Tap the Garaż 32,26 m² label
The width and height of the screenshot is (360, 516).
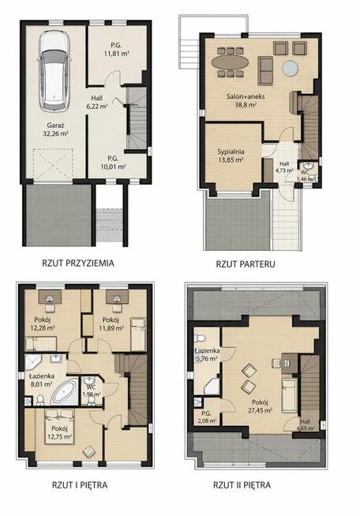[x=55, y=129]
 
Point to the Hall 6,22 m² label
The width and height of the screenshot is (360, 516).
[x=97, y=102]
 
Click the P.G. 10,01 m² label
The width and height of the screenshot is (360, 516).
[x=114, y=163]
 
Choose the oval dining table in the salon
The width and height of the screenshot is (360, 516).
[x=231, y=62]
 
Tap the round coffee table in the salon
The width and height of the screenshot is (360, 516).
[x=291, y=69]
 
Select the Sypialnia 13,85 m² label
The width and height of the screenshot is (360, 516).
[x=231, y=155]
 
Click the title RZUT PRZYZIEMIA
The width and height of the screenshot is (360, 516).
[x=78, y=264]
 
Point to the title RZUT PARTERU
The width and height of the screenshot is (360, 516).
[x=246, y=264]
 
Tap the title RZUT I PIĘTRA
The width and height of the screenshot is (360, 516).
[x=80, y=485]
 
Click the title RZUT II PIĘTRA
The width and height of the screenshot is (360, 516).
[x=242, y=485]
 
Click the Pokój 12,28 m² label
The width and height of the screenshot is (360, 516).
[x=43, y=323]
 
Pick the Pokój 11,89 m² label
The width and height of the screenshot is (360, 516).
[x=111, y=323]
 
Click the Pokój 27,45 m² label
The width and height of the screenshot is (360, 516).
[x=260, y=406]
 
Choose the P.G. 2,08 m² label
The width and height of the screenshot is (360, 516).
[x=207, y=417]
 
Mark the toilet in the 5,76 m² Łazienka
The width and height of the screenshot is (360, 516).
[x=200, y=338]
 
